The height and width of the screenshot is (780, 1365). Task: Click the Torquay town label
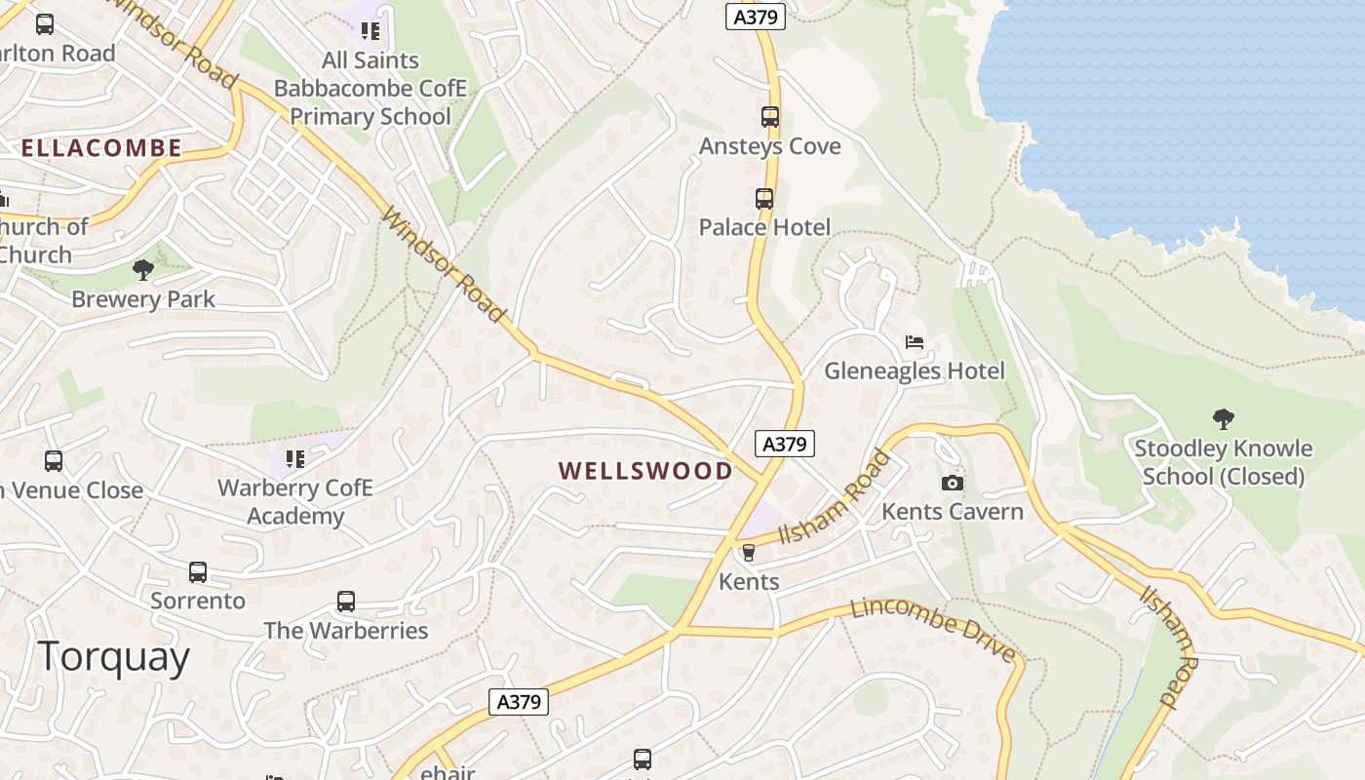[x=114, y=657]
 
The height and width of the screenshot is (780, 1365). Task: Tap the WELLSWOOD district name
[x=645, y=471]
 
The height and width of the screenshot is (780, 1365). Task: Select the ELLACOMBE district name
[x=101, y=148]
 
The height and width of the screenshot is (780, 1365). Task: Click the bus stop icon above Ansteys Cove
[x=770, y=117]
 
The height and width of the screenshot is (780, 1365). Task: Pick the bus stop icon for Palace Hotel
[x=764, y=199]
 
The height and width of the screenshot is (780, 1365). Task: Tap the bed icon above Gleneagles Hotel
[x=915, y=342]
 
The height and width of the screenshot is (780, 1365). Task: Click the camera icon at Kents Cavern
[x=953, y=483]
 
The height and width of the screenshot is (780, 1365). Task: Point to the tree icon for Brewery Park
[x=143, y=270]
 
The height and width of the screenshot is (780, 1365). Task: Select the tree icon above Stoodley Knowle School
[x=1224, y=419]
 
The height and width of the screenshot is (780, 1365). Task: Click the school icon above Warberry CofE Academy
[x=295, y=458]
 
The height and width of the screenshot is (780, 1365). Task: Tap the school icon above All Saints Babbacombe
[x=370, y=31]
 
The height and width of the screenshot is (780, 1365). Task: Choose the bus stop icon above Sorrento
[x=198, y=572]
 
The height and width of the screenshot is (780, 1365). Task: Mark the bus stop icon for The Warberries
[x=346, y=602]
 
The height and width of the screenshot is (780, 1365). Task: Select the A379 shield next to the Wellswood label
[x=785, y=444]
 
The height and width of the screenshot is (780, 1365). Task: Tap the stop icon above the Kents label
[x=749, y=553]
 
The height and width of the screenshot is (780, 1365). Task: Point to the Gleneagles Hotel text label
[x=914, y=371]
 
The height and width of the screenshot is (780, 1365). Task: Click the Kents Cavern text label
[x=953, y=512]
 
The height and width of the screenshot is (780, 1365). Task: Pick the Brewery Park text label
[x=143, y=299]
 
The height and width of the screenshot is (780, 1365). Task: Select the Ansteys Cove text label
[x=770, y=146]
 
